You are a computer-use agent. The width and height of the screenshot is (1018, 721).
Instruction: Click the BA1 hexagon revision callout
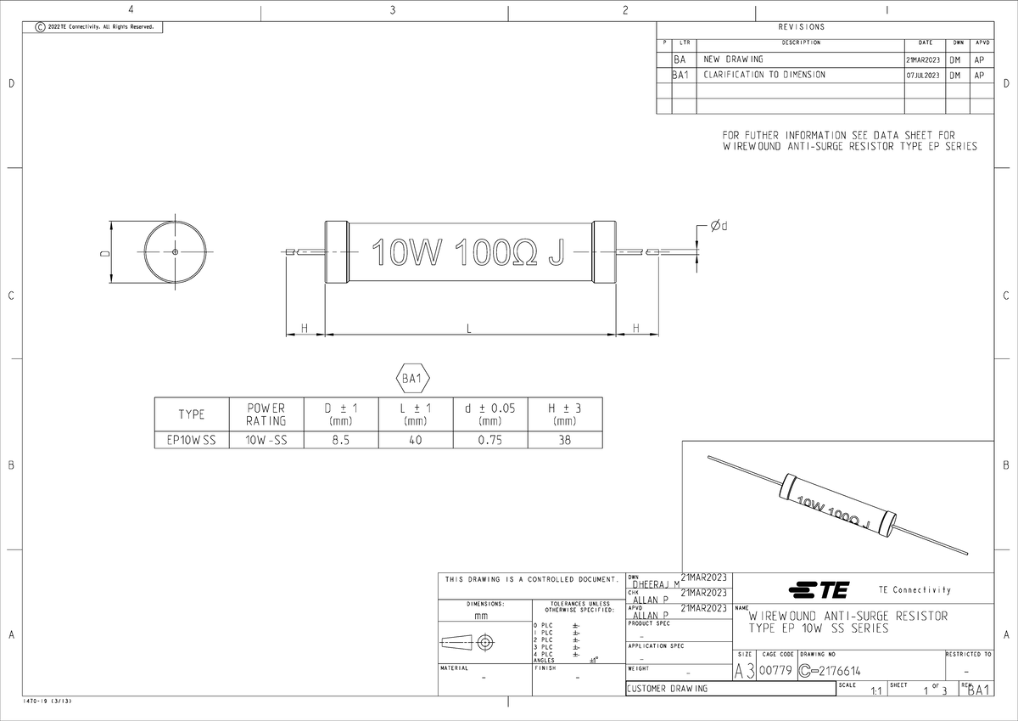(414, 379)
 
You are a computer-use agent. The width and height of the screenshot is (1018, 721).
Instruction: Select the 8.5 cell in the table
(340, 440)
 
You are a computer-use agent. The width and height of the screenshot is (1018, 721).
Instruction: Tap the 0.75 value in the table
(489, 440)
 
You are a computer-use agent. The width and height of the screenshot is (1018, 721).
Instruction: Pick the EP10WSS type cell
(191, 440)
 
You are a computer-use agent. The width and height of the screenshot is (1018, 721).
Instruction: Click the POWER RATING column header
(266, 414)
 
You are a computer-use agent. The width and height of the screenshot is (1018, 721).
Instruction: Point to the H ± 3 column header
(564, 414)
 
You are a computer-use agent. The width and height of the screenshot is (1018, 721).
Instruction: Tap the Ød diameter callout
(719, 226)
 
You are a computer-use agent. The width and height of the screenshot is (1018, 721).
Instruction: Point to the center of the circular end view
(175, 252)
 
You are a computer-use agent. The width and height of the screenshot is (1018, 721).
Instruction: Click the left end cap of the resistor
(337, 252)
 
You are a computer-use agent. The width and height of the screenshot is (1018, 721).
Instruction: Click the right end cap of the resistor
(603, 252)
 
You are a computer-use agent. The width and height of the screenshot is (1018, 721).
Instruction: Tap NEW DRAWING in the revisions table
(733, 59)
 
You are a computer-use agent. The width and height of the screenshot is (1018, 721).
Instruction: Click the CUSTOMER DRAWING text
(667, 689)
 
